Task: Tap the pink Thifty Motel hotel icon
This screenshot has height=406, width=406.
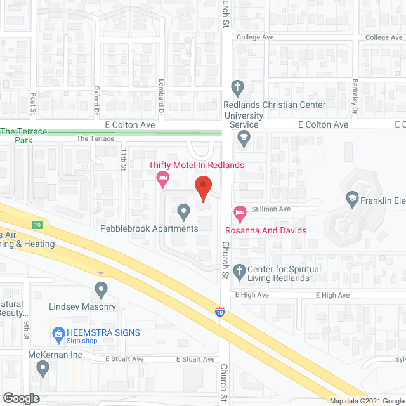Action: (162, 179)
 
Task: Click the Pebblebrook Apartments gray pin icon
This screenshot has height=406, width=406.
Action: (183, 210)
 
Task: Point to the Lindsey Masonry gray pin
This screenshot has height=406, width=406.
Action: (101, 291)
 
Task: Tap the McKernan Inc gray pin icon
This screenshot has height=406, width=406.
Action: (43, 367)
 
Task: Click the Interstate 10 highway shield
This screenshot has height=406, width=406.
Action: (219, 311)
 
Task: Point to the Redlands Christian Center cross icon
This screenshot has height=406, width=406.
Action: (238, 88)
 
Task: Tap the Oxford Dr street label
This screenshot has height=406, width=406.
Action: (97, 97)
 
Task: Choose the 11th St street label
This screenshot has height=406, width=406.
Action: (125, 156)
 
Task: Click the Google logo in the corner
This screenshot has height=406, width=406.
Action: (20, 398)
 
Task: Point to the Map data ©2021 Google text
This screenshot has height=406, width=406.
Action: (366, 400)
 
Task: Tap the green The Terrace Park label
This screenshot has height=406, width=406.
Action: (23, 135)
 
